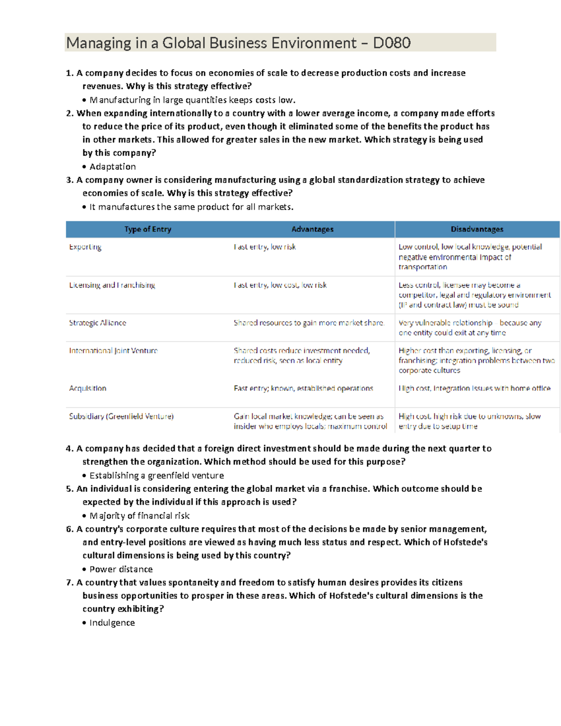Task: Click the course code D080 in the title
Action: pos(392,43)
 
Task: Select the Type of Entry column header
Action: pos(148,229)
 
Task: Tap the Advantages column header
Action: pos(312,229)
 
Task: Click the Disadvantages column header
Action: pos(477,229)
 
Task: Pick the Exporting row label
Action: pos(85,247)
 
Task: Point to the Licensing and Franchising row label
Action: pos(112,285)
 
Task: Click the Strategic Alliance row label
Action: pos(98,323)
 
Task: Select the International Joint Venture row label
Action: pos(114,351)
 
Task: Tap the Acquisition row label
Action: pos(88,388)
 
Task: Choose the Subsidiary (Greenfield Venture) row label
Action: pos(122,417)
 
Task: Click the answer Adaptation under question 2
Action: pos(113,167)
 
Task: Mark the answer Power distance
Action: pos(121,569)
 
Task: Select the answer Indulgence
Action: pos(112,623)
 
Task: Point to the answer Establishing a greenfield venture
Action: pos(157,476)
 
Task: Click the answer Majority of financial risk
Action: pos(139,516)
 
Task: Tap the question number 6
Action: pos(69,529)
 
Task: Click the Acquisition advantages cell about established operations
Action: pos(303,388)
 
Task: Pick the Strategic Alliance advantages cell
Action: pos(309,323)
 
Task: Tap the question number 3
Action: pos(69,180)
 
